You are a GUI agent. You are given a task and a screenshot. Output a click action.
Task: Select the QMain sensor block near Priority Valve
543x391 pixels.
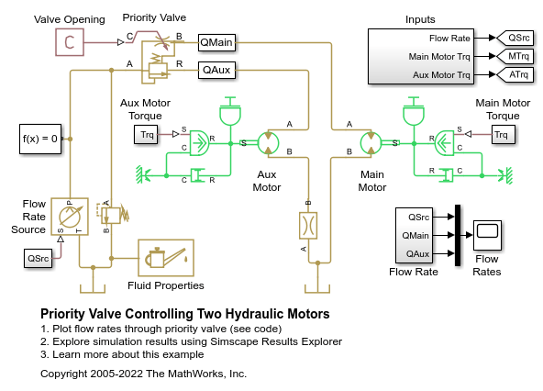216,41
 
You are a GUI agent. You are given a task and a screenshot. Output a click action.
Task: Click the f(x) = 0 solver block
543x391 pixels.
40,140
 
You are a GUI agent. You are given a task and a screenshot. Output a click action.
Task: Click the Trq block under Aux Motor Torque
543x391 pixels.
147,136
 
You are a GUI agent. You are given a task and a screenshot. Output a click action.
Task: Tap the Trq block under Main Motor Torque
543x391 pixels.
500,136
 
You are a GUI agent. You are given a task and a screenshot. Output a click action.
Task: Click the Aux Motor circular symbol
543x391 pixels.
267,142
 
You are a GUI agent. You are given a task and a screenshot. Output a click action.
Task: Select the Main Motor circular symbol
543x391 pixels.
372,142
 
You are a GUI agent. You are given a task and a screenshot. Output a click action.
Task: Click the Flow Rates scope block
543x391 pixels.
487,235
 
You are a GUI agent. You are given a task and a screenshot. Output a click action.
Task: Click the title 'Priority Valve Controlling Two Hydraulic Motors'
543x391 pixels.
185,314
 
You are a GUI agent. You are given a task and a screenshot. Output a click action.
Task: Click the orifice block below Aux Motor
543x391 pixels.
308,223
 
